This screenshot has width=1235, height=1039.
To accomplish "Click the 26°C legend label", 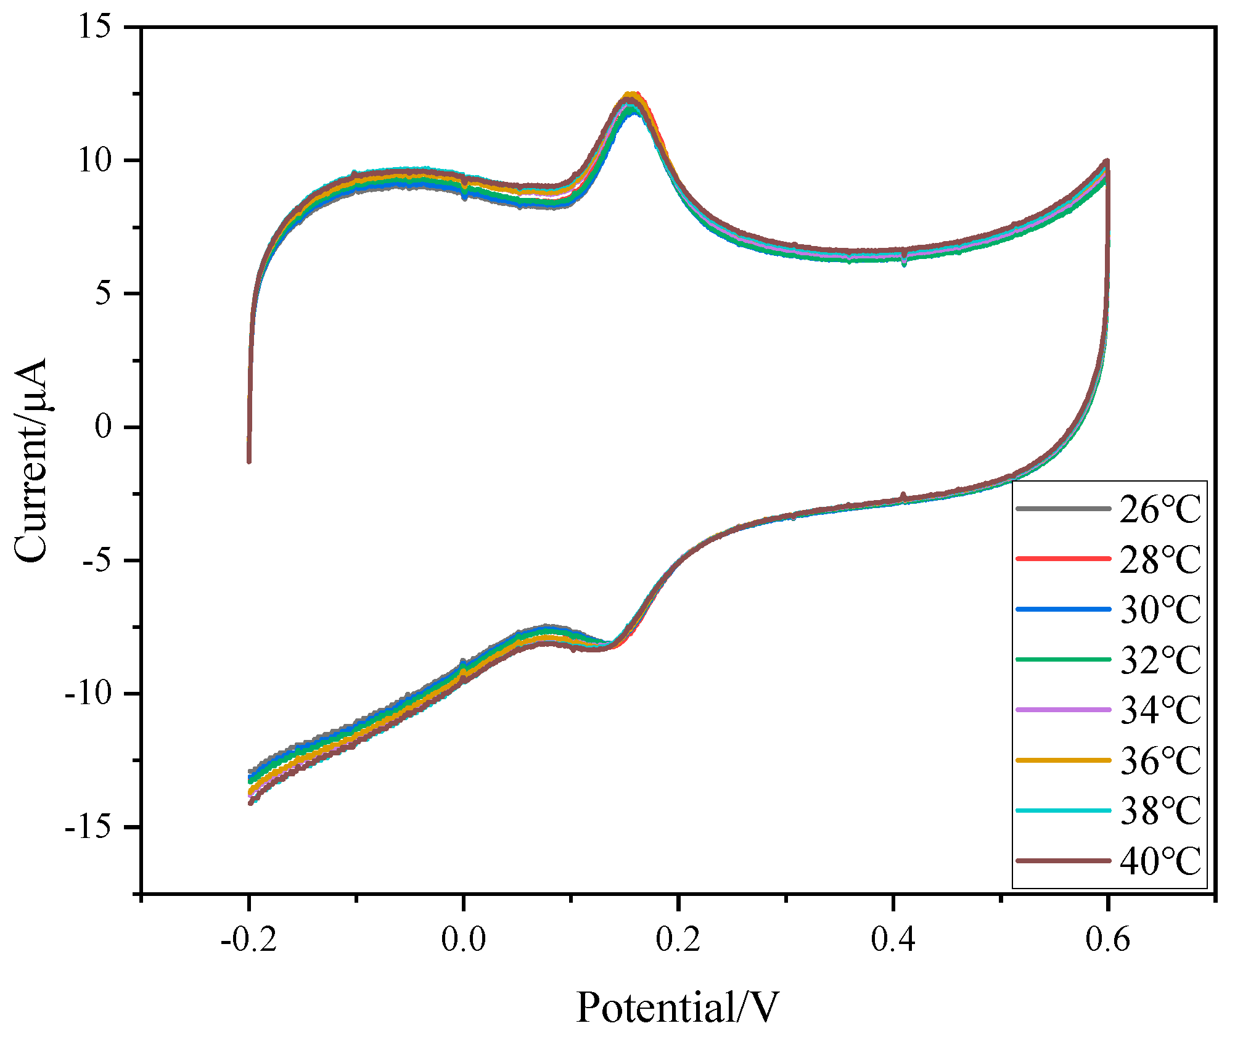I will (1160, 510).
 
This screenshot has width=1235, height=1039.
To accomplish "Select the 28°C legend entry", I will (1160, 560).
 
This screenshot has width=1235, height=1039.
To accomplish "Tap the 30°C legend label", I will (1160, 610).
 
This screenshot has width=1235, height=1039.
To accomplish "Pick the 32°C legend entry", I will (1160, 660).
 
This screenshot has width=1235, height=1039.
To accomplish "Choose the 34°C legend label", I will (1160, 710).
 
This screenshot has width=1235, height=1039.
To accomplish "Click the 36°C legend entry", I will (1160, 761).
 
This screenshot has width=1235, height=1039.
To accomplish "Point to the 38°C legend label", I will (1160, 811).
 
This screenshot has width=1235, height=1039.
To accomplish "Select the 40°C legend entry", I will (1160, 861).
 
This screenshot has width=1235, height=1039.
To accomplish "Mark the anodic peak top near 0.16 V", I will (631, 96).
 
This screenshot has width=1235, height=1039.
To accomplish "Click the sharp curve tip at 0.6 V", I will (1107, 161).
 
